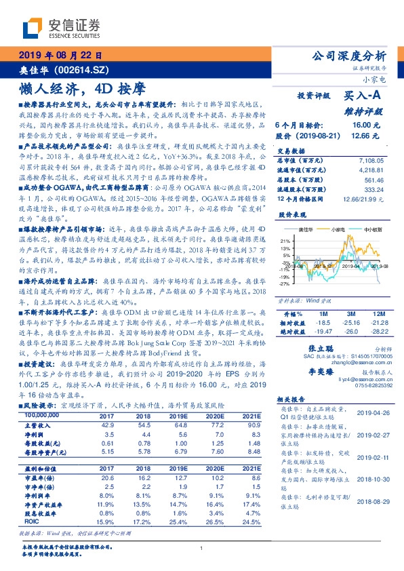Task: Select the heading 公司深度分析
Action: (347, 56)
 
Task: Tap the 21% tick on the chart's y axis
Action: (285, 241)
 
